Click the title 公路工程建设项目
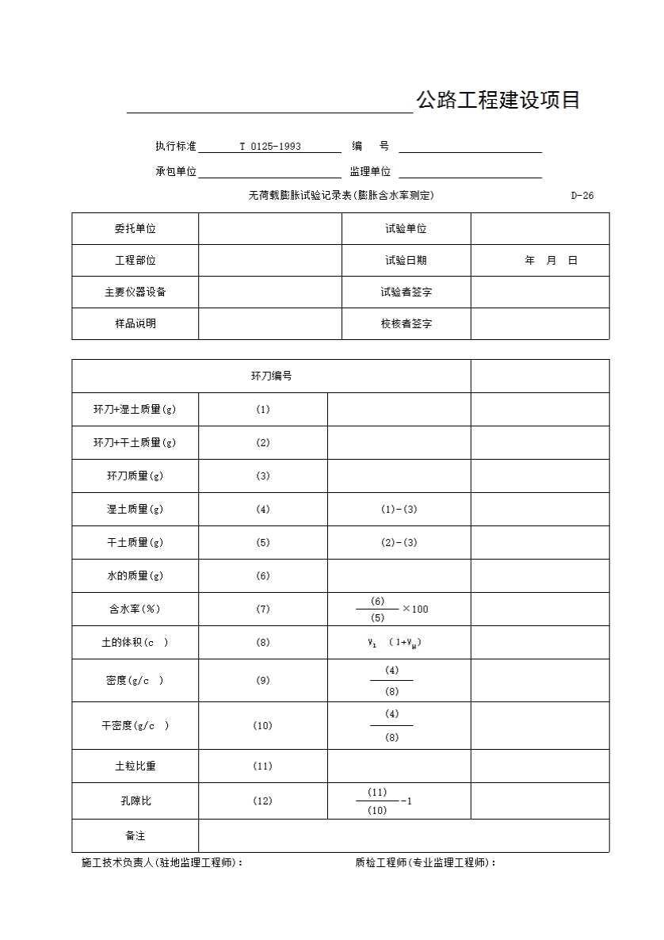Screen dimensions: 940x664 coord(498,101)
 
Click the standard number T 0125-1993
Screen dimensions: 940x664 coord(270,147)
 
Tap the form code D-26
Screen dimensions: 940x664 coord(582,196)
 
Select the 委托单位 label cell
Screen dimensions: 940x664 coord(135,229)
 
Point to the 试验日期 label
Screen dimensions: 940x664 coord(406,261)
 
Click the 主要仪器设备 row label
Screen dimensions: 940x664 coord(135,292)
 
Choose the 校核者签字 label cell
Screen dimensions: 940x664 coord(406,324)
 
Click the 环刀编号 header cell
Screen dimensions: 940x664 coord(271,376)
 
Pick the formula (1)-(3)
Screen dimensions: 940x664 coord(399,510)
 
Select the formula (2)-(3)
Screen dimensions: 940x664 coord(399,543)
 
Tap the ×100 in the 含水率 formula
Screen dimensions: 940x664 coord(415,609)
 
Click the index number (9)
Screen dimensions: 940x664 coord(263,680)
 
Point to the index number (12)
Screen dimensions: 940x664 coord(263,801)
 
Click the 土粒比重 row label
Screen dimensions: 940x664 coord(135,766)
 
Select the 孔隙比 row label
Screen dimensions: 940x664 coord(135,801)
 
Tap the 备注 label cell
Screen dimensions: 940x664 coord(135,836)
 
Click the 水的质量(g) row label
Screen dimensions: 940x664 coord(135,576)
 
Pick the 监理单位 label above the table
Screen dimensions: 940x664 coord(370,172)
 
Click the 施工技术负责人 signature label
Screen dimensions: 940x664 coord(162,863)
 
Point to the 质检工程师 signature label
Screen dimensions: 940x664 coord(425,863)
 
